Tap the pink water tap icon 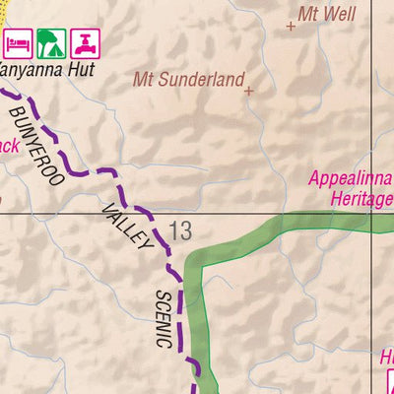(85, 42)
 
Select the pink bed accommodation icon (17, 42)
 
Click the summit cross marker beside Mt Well (291, 28)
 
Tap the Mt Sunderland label (188, 79)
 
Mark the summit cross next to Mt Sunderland (249, 91)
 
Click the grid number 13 (180, 231)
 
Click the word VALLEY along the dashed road (127, 226)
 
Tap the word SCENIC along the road (164, 319)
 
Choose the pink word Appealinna (350, 179)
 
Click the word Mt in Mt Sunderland (145, 79)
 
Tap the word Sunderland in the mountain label (201, 79)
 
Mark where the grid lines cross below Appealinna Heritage (370, 213)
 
